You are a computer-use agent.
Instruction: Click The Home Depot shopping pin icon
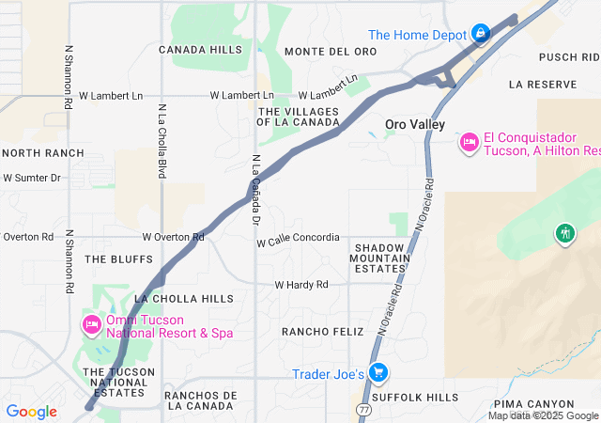[x=481, y=34]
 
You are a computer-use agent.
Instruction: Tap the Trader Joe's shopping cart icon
[x=378, y=373]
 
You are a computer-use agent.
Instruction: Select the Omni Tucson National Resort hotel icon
[x=91, y=324]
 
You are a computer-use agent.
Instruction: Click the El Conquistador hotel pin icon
[x=469, y=142]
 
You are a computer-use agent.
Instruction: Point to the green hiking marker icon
[x=564, y=232]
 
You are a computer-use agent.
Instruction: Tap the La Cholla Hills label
[x=184, y=299]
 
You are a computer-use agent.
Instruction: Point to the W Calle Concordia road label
[x=298, y=238]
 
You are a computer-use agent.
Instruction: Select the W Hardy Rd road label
[x=301, y=285]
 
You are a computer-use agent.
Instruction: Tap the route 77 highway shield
[x=363, y=409]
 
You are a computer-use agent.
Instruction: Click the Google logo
[x=31, y=412]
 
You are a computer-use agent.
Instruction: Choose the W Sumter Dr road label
[x=31, y=177]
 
